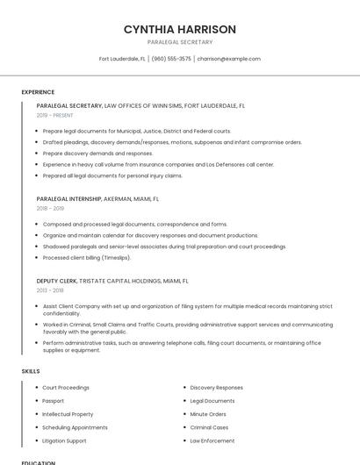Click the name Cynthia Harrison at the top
click(x=180, y=29)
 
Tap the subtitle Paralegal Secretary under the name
click(x=180, y=42)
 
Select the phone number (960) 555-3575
click(x=171, y=59)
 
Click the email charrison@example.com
click(x=229, y=59)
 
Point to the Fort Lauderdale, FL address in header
click(x=122, y=59)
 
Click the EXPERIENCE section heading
click(x=38, y=92)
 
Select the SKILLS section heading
click(x=31, y=371)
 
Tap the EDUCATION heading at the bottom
click(x=39, y=462)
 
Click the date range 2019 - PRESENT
click(x=55, y=115)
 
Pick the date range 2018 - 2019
click(x=50, y=209)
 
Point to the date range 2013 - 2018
click(x=50, y=290)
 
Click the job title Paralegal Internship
click(x=69, y=199)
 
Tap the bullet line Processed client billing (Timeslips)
click(x=87, y=258)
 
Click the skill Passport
click(x=54, y=401)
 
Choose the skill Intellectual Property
click(x=68, y=414)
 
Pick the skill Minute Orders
click(x=208, y=414)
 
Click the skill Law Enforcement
click(x=212, y=440)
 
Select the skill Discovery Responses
click(x=216, y=388)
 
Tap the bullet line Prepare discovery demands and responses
click(x=97, y=153)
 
